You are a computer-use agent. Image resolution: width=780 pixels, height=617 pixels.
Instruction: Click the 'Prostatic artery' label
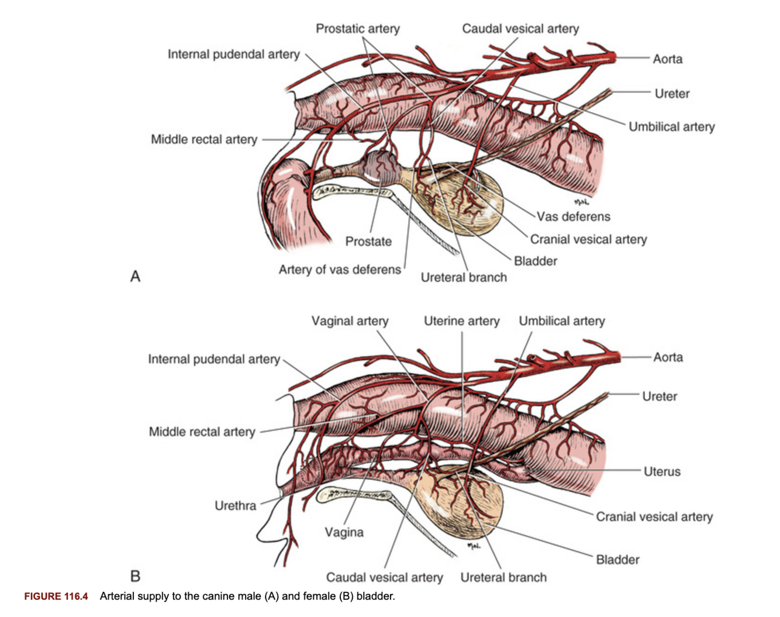(357, 29)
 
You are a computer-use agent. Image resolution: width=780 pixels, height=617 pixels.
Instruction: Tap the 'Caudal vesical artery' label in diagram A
(520, 29)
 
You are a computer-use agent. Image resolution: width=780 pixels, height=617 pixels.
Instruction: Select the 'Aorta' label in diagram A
(667, 59)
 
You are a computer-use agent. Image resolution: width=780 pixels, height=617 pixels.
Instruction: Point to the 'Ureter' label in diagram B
(659, 397)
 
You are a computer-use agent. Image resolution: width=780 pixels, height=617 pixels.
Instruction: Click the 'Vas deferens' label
(573, 216)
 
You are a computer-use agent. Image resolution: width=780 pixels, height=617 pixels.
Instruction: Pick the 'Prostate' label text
(368, 242)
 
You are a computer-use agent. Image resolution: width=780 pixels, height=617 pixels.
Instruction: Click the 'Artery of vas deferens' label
(340, 270)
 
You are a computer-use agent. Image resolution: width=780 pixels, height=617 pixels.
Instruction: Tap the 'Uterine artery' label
(461, 321)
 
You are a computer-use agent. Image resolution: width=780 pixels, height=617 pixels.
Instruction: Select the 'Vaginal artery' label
(350, 321)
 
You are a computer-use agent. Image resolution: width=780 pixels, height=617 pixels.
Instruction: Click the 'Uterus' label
(662, 471)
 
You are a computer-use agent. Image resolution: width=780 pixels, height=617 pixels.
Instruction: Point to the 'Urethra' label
(235, 506)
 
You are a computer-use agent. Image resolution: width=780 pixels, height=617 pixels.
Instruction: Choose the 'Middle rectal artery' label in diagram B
(202, 432)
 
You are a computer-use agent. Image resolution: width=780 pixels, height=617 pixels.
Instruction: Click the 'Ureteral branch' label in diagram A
(464, 278)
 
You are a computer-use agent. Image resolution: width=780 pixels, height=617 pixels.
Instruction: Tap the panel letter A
(135, 276)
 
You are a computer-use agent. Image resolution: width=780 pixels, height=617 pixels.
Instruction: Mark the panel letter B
(135, 576)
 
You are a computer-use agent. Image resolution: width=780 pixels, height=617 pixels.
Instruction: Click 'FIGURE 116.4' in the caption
(56, 597)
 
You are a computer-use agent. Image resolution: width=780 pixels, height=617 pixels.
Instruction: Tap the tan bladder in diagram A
(462, 202)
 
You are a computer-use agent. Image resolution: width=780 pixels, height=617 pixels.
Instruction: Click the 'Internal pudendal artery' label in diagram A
(233, 54)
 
